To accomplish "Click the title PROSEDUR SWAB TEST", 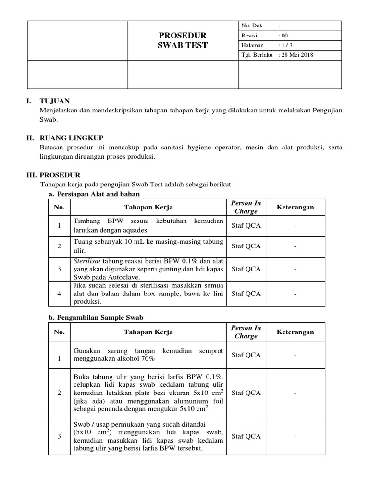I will (x=183, y=40).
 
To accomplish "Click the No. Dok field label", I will (x=252, y=25).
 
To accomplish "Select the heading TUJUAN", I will (x=54, y=101).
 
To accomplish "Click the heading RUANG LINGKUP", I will (x=72, y=138).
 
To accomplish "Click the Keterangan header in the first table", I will (x=295, y=207).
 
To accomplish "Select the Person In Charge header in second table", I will (x=246, y=332).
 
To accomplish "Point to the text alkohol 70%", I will (x=138, y=359).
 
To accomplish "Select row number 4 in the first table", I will (x=59, y=294).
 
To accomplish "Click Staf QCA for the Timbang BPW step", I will (x=246, y=226).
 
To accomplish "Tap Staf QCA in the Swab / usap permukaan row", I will (x=246, y=436).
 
